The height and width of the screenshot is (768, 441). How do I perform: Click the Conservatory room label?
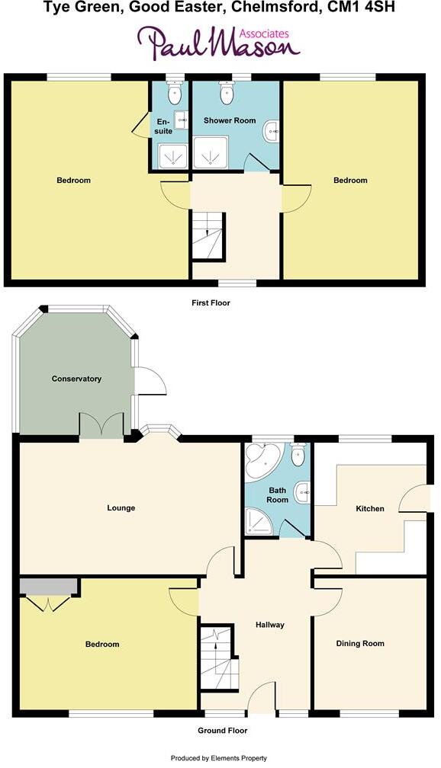(76, 379)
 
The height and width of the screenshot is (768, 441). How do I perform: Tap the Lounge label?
(121, 508)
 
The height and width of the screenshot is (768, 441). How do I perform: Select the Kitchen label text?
(370, 508)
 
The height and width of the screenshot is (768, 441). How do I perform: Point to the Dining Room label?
(360, 644)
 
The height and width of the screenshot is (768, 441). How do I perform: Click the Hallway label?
(270, 625)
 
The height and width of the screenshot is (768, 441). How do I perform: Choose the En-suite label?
(165, 126)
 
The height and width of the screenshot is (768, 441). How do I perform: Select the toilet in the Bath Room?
(298, 455)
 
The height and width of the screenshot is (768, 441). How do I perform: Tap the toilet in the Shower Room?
(227, 94)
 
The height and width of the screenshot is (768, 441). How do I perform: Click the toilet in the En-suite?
(175, 95)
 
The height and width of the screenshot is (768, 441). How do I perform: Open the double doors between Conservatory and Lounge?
(102, 425)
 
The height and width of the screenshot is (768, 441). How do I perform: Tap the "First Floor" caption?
(211, 303)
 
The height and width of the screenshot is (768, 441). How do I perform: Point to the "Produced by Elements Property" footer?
(220, 759)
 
